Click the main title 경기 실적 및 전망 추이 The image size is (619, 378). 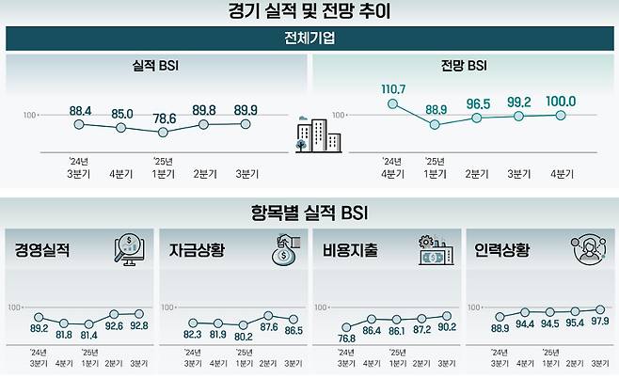(309, 12)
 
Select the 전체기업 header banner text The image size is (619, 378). (309, 39)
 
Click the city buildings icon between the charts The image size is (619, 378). (309, 137)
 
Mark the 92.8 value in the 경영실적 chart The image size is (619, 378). (139, 326)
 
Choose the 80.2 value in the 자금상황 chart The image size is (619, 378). (243, 333)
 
